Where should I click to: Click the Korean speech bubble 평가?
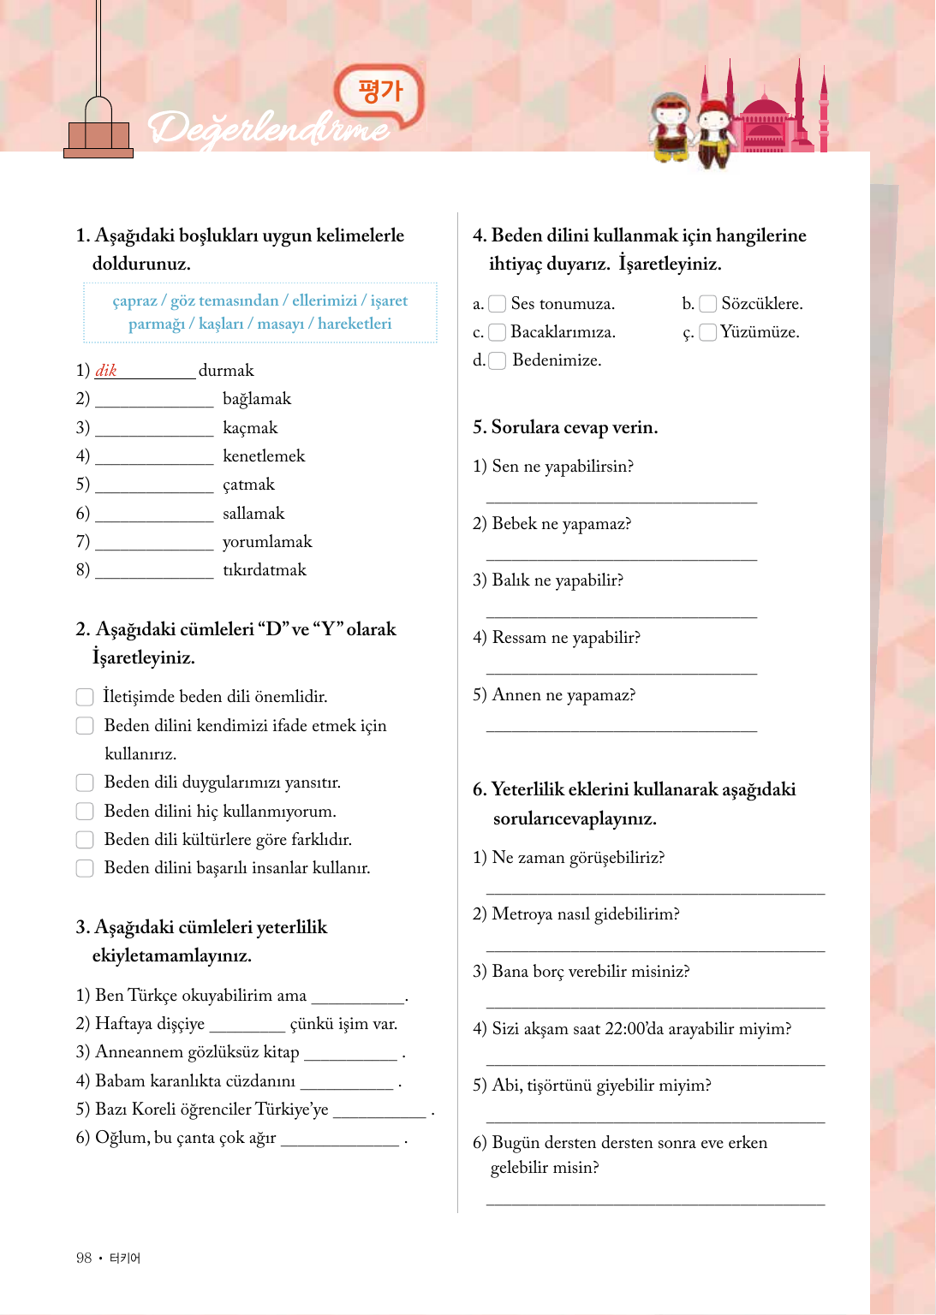click(380, 91)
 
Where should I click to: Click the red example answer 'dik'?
click(106, 371)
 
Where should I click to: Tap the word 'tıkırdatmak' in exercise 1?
click(264, 570)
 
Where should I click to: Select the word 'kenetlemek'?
click(264, 456)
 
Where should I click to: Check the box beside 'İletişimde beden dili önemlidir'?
click(85, 697)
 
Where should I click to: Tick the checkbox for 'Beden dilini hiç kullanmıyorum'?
click(85, 811)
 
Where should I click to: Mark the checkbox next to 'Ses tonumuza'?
click(497, 304)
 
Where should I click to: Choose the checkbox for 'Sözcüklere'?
click(707, 304)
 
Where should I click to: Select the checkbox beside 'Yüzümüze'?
click(707, 332)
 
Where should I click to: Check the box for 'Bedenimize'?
click(497, 360)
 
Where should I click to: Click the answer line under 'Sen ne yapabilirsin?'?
click(621, 502)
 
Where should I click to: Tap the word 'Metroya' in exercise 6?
click(522, 914)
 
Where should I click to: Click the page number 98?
click(84, 1258)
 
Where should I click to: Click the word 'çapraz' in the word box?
click(134, 301)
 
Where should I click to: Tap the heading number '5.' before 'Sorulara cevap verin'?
click(480, 427)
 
